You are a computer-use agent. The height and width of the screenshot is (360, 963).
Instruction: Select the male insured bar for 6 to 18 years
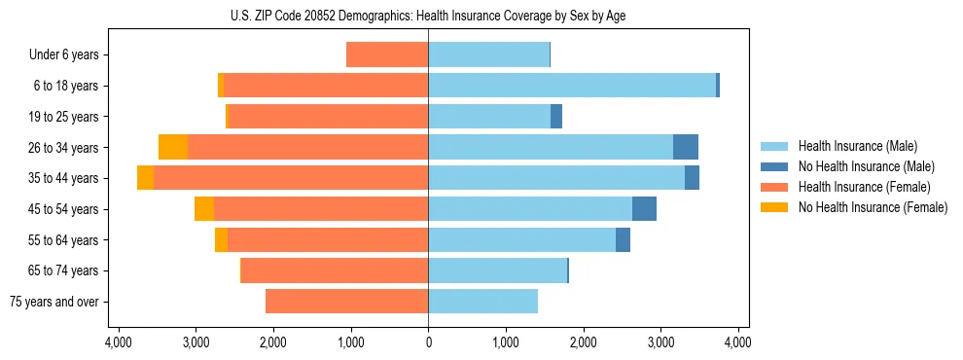click(x=572, y=86)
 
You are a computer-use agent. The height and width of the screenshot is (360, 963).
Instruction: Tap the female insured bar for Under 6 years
click(x=387, y=54)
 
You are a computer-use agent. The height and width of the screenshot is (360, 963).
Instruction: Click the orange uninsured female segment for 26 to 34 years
click(x=172, y=147)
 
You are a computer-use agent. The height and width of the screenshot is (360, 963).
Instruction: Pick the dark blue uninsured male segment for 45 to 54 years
click(x=644, y=208)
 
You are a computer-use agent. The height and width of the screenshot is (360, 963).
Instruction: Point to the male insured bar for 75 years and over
click(x=482, y=302)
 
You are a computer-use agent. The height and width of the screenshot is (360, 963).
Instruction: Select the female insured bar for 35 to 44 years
click(x=291, y=178)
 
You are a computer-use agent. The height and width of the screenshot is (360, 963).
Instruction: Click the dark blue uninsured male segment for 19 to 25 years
click(x=556, y=117)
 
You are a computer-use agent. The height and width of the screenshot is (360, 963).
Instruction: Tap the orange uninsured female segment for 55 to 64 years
click(x=221, y=239)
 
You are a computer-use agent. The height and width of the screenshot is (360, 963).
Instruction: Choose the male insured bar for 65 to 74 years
click(x=497, y=270)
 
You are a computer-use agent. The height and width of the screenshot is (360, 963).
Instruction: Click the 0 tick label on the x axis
click(x=428, y=342)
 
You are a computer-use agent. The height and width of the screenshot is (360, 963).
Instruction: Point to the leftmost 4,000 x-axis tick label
click(x=118, y=342)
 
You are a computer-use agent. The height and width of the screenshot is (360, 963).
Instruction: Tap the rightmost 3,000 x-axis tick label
click(x=660, y=342)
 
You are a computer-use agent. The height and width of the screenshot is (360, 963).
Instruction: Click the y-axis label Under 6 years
click(x=64, y=54)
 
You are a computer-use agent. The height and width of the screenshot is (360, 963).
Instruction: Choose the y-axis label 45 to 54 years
click(x=63, y=209)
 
